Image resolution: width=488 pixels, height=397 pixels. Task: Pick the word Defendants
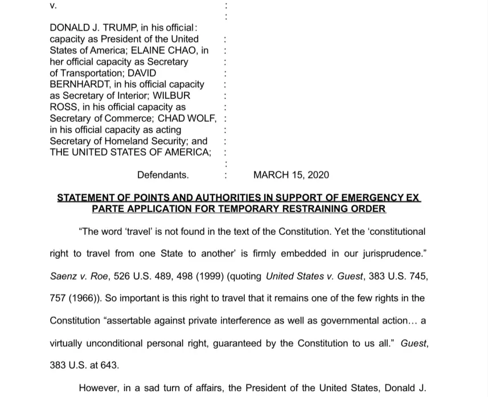tap(163, 175)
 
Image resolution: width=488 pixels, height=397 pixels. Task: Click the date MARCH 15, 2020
tap(291, 175)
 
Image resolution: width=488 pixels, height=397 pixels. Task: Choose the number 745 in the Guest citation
tap(418, 276)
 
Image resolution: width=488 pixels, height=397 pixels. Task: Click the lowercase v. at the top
tap(54, 6)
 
